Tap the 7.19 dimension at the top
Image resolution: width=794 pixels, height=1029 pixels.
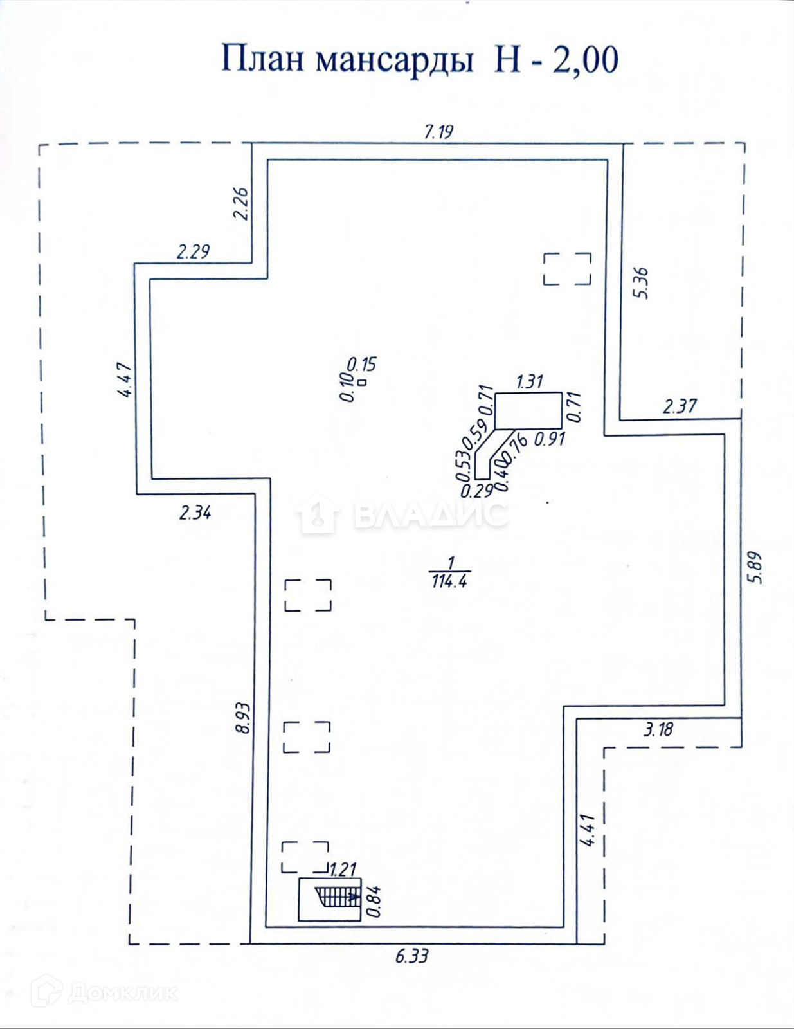438,132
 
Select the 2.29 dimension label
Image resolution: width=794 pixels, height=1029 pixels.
193,251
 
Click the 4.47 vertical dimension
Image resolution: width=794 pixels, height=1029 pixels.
125,379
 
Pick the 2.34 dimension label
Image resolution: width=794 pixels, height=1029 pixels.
195,513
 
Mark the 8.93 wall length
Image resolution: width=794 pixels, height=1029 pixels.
242,718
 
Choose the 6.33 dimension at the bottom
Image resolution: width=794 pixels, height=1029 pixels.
411,956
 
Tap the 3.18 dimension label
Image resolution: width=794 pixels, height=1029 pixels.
658,729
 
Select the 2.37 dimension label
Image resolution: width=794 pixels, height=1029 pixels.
680,406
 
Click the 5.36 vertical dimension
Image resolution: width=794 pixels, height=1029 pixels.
641,283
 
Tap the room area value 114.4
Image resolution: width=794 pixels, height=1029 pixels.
450,581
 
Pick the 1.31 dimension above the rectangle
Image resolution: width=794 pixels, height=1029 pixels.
529,381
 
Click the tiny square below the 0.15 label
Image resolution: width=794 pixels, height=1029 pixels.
363,382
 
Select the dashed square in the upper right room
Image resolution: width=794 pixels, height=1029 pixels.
567,268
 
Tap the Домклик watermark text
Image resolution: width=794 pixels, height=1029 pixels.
122,993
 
